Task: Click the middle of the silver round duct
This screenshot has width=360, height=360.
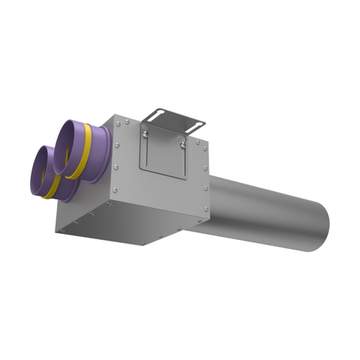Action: coord(265,216)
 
